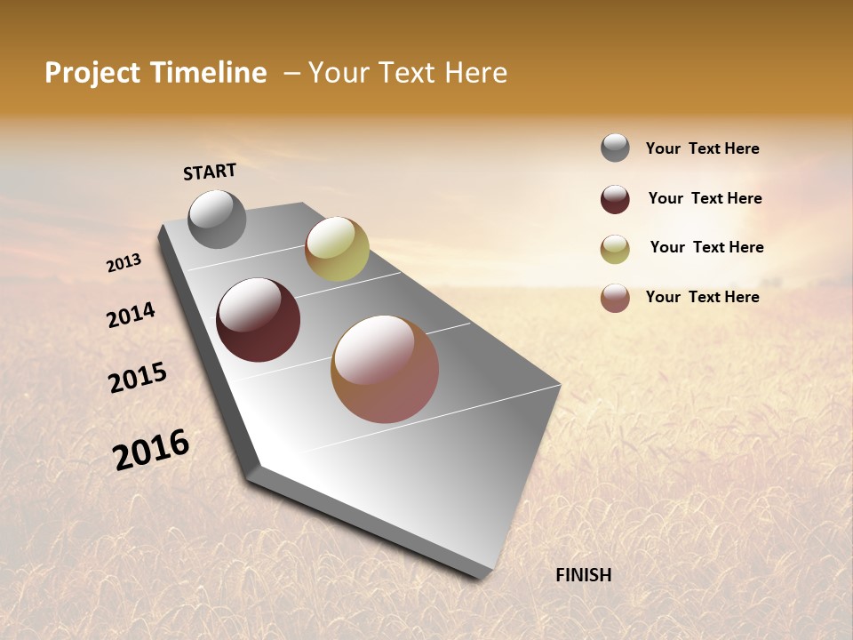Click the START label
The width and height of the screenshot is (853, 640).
coord(210,172)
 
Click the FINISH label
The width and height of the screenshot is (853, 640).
coord(583,575)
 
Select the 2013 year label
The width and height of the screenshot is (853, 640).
coord(124,263)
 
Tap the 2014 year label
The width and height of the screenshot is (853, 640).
coord(131,315)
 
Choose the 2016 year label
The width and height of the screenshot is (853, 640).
coord(151,449)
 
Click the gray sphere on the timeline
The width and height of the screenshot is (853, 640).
coord(217,219)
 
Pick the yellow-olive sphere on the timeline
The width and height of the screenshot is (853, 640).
coord(337,249)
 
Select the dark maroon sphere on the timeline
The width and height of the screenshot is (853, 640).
coord(258,320)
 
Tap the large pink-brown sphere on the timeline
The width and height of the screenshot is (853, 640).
coord(385,369)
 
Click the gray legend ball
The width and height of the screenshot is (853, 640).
coord(615,148)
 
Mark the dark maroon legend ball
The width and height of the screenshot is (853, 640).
coord(615,199)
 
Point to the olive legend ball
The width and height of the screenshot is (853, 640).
coord(615,249)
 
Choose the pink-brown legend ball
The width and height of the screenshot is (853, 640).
coord(615,298)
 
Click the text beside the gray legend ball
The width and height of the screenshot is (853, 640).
coord(702,148)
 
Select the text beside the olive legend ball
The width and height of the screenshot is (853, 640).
coord(706,247)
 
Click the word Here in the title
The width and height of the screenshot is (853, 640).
coord(475,73)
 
